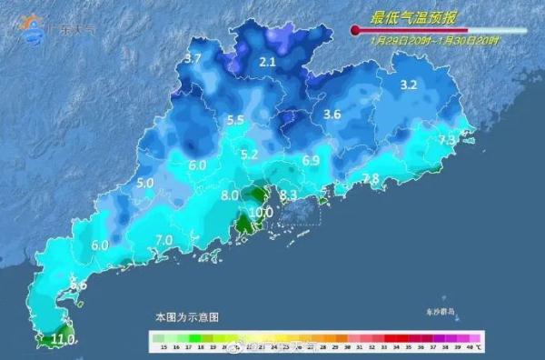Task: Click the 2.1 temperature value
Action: pos(267,63)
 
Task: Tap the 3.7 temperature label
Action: pos(193,59)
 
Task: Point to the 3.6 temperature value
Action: pos(332,114)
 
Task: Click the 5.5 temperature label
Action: pos(236,120)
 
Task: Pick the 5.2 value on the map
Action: pos(250,155)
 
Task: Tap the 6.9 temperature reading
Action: pos(312,161)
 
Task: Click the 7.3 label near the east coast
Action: pos(447,141)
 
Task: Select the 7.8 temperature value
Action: pos(371,178)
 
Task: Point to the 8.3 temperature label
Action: pos(289,195)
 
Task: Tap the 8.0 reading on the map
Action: pos(229,195)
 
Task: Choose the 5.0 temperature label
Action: pos(144,183)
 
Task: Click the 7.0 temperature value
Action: pos(164,240)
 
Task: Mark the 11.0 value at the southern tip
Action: pos(64,340)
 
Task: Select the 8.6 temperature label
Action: pos(79,285)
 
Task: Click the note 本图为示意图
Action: pos(186,316)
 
